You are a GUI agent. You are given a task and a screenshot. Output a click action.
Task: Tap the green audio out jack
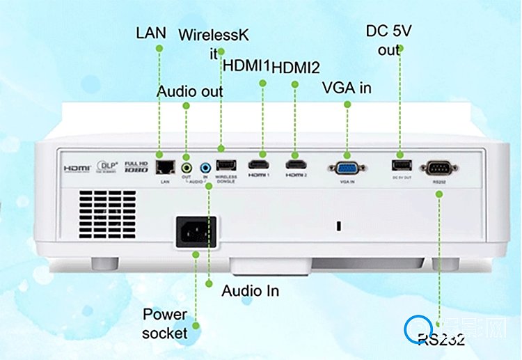click(x=186, y=167)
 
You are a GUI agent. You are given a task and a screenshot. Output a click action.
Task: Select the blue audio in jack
click(x=205, y=167)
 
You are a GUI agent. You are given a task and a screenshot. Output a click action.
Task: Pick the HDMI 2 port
click(x=296, y=166)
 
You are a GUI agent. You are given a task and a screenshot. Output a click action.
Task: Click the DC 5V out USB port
click(x=400, y=164)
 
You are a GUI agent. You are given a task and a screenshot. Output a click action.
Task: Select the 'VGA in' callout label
click(x=347, y=88)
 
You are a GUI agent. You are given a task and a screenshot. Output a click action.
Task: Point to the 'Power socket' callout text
click(x=165, y=323)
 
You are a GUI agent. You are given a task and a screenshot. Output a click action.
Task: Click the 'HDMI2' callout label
click(x=295, y=68)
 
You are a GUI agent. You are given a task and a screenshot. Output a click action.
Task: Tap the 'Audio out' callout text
click(x=190, y=91)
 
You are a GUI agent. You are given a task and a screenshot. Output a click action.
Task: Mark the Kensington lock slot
click(x=338, y=226)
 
